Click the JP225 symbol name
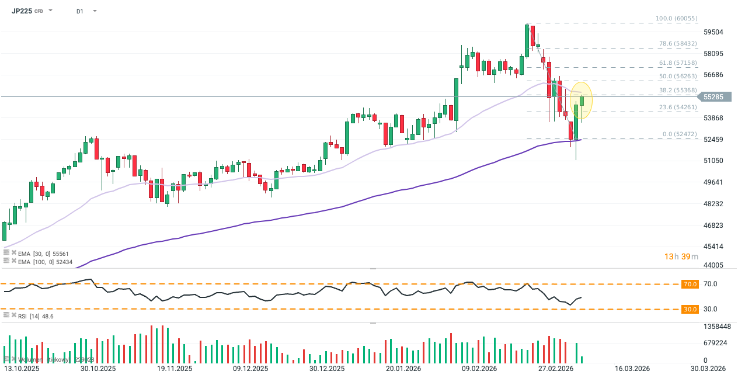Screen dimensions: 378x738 click(22, 11)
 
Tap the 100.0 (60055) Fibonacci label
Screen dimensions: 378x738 click(676, 19)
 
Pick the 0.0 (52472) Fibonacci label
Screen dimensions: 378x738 click(680, 134)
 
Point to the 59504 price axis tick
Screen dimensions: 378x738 click(714, 32)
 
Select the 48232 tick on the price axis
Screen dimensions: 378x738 click(714, 204)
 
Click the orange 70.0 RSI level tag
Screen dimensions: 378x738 click(690, 284)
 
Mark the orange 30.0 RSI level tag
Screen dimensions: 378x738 click(690, 309)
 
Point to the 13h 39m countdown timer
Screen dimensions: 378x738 click(680, 257)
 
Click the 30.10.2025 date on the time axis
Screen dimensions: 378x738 click(98, 369)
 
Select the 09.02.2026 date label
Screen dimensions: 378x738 click(479, 369)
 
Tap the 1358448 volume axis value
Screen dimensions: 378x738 click(717, 327)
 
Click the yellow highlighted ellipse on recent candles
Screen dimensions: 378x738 click(581, 100)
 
